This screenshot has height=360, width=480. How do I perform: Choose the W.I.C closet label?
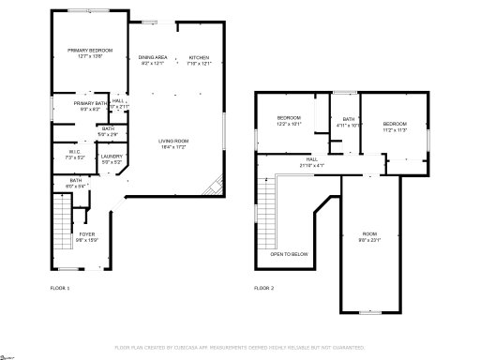click(75, 154)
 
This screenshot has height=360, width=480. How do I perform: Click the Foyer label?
click(86, 236)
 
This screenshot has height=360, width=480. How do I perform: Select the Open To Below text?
click(287, 254)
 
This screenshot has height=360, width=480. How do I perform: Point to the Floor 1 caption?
click(60, 288)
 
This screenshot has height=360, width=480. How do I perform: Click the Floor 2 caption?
click(264, 288)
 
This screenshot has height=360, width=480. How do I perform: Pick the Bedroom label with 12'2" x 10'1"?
click(288, 120)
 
